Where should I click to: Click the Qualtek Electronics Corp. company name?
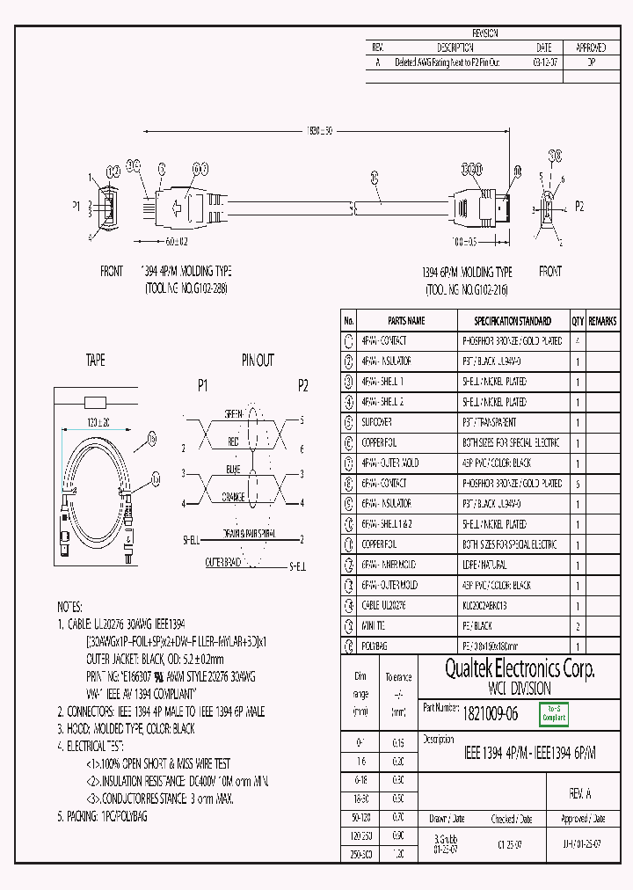click(519, 670)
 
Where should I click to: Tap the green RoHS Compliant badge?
click(554, 713)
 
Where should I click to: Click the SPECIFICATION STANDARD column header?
click(513, 321)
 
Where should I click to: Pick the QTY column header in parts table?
click(578, 321)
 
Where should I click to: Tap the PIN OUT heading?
click(258, 360)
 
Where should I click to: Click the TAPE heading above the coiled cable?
click(95, 360)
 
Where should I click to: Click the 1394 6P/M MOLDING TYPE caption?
click(466, 272)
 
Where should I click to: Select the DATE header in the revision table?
click(542, 47)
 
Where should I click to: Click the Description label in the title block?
click(439, 739)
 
